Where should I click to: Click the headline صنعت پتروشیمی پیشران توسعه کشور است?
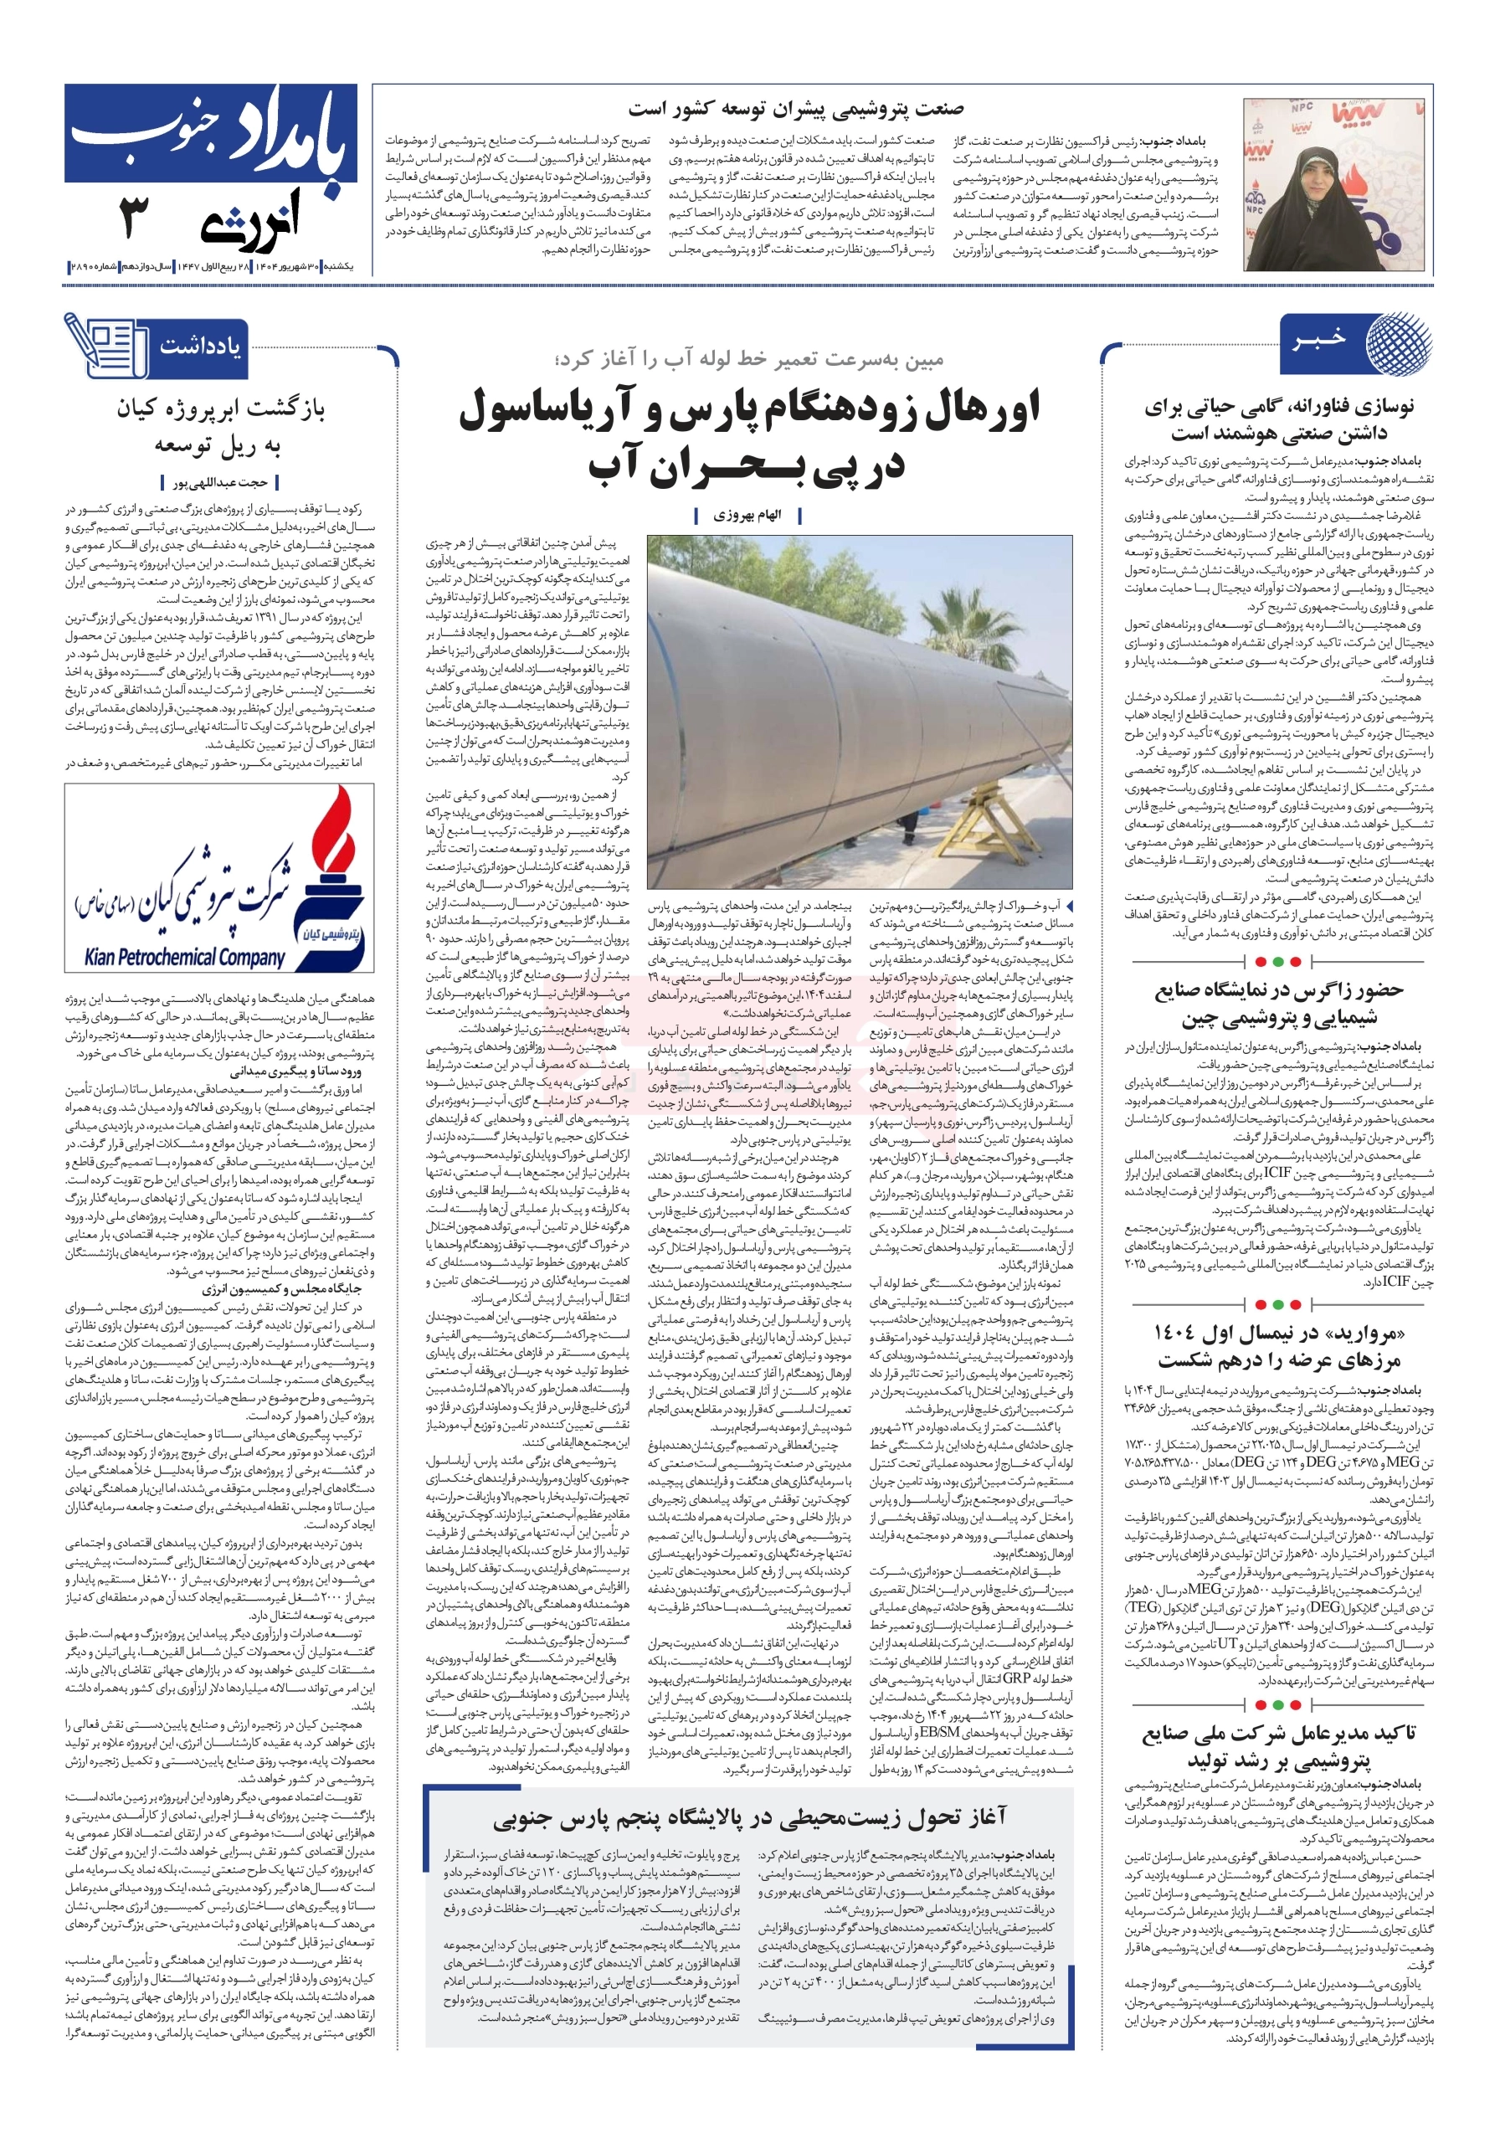click(x=795, y=109)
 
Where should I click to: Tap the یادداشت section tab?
click(x=199, y=347)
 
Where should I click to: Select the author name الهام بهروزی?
click(x=747, y=515)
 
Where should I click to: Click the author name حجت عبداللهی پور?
click(x=220, y=482)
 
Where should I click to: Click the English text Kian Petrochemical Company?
click(x=184, y=957)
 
